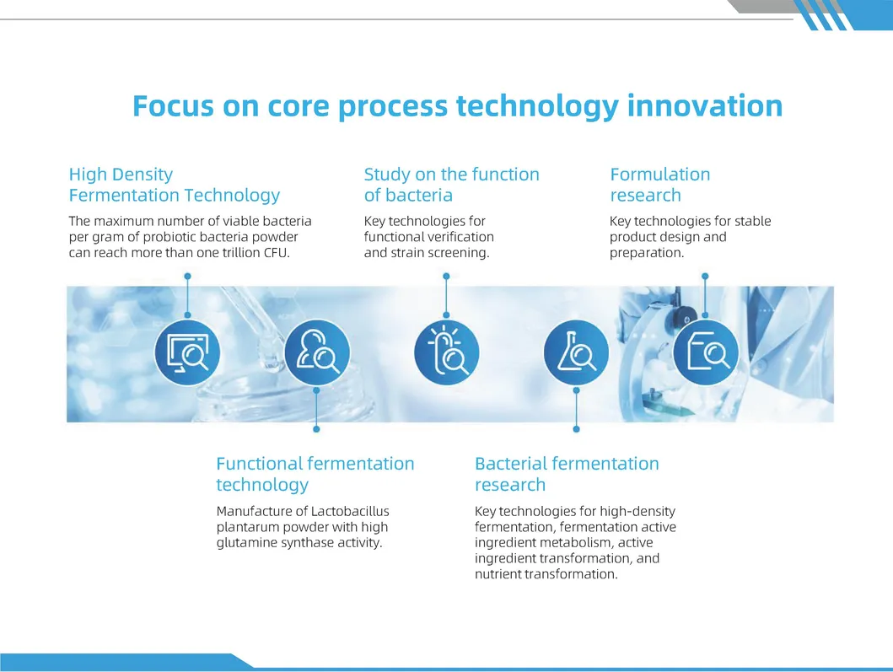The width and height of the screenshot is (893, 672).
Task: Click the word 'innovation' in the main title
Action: [x=704, y=106]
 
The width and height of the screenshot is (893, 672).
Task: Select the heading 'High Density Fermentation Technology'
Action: [x=175, y=185]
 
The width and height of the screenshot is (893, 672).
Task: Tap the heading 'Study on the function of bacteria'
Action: [x=452, y=185]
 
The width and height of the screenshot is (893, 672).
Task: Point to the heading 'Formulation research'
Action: [x=660, y=185]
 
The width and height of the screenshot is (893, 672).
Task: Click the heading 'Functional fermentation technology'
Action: [x=315, y=474]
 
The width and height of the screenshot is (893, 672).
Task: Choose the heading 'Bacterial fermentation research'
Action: [x=567, y=474]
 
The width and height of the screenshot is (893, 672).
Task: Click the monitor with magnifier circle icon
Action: [x=187, y=352]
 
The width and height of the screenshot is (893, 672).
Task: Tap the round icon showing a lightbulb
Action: [x=447, y=352]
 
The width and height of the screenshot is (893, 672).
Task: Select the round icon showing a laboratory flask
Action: [x=576, y=352]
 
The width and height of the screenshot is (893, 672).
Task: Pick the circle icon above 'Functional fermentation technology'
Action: [x=317, y=352]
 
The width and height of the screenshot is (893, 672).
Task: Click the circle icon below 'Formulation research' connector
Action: [x=706, y=352]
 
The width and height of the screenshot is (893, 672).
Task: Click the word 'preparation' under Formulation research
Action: [x=647, y=253]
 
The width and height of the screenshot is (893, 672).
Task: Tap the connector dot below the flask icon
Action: [x=576, y=429]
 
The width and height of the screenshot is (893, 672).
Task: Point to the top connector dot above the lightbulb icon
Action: [x=447, y=277]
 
